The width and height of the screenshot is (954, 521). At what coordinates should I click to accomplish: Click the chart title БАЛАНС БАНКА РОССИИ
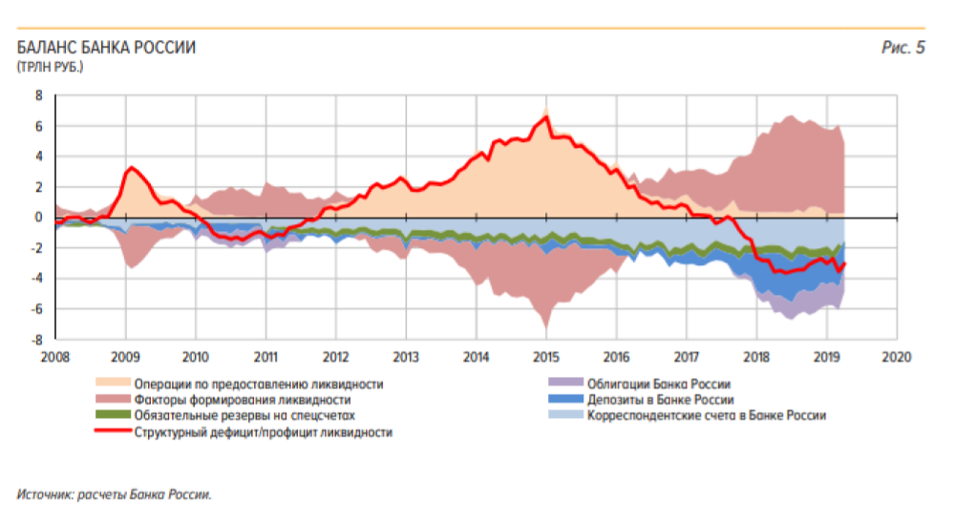(x=106, y=48)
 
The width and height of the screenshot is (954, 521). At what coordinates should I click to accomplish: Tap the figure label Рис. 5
(x=902, y=48)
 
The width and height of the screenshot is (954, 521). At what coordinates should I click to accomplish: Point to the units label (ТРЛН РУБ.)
(x=49, y=67)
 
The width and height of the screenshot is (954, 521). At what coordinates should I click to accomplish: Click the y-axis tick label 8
(x=39, y=95)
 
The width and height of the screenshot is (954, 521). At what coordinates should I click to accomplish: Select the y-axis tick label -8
(x=37, y=340)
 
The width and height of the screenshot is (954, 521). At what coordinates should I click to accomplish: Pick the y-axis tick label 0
(x=39, y=218)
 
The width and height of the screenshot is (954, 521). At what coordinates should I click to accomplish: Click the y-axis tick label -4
(x=37, y=279)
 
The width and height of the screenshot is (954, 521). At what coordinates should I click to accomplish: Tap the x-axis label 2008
(x=54, y=357)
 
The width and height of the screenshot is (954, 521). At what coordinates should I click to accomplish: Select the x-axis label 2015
(x=545, y=357)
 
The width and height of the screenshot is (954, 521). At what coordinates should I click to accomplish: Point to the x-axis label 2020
(x=896, y=357)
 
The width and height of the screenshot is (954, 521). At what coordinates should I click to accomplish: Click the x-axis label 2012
(x=335, y=357)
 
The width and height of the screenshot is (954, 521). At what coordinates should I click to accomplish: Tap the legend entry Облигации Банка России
(x=661, y=384)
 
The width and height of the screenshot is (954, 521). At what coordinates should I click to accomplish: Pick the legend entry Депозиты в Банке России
(x=660, y=400)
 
